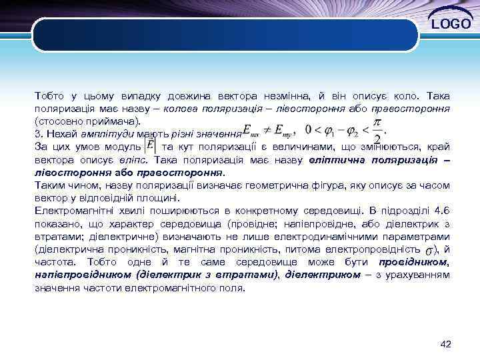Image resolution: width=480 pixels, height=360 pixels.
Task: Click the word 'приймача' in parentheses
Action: [x=113, y=121]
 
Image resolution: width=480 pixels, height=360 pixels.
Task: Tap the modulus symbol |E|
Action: [x=150, y=145]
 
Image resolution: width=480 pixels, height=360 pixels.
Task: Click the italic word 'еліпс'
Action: [x=139, y=160]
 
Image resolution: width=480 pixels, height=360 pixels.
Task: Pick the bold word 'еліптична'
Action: [x=340, y=160]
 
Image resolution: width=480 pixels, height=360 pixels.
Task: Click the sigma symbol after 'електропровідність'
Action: [x=431, y=250]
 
